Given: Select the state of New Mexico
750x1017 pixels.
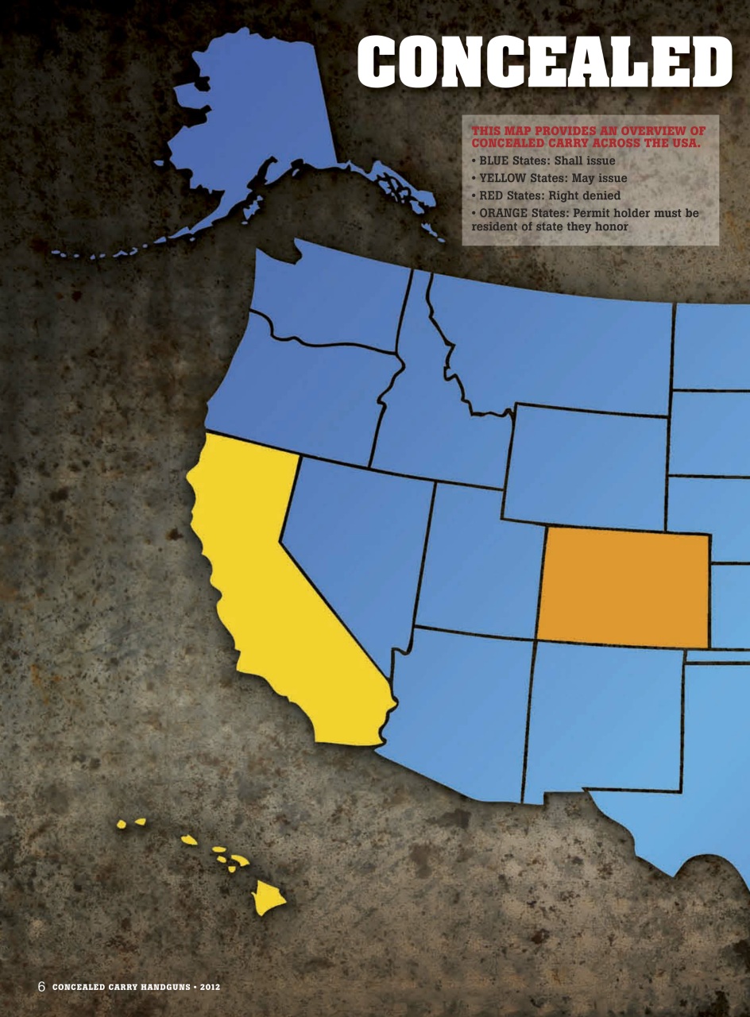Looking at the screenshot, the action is pos(604,715).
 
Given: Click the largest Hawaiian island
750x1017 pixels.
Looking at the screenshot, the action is pos(268,898).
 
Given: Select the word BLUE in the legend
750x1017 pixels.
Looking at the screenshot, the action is pos(496,161).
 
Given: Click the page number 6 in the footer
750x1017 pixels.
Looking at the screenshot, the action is pos(42,987).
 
